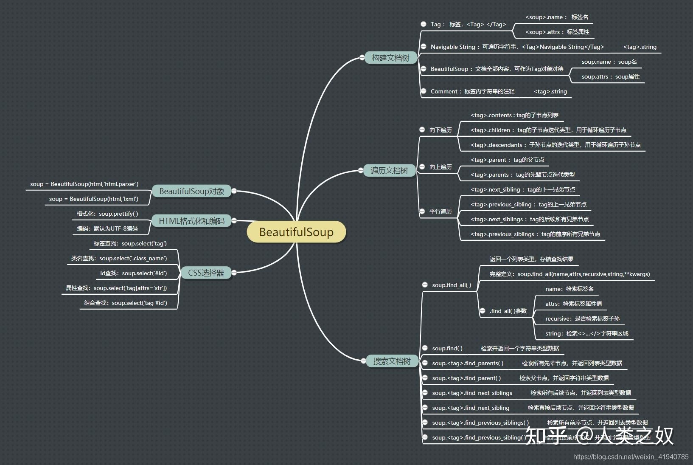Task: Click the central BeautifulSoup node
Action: (296, 232)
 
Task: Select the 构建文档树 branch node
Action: (390, 58)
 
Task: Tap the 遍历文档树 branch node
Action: (389, 170)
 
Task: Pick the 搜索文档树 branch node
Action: (392, 361)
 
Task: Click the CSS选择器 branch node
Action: (206, 273)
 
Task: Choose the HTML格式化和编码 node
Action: (191, 221)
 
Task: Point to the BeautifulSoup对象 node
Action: (191, 191)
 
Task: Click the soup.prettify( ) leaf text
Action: (107, 214)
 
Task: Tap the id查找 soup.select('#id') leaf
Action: (133, 273)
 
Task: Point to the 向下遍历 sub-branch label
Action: (440, 130)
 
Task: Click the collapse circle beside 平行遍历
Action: (422, 211)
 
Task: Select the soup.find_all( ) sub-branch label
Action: (452, 285)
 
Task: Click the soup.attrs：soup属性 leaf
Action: (610, 76)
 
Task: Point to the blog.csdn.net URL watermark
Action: (631, 457)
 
